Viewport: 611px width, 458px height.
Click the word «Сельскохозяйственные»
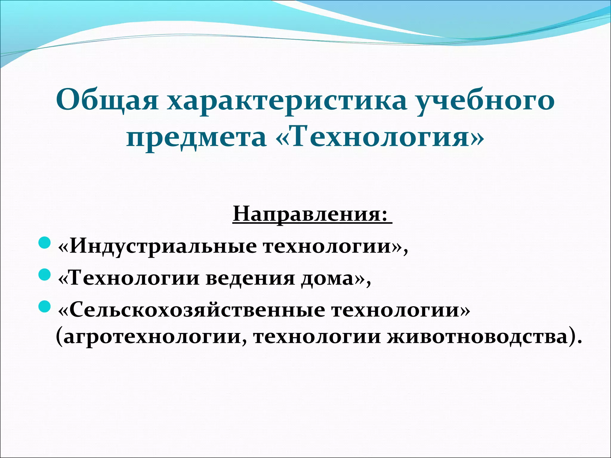click(x=197, y=310)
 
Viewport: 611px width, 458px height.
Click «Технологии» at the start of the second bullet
click(x=134, y=279)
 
